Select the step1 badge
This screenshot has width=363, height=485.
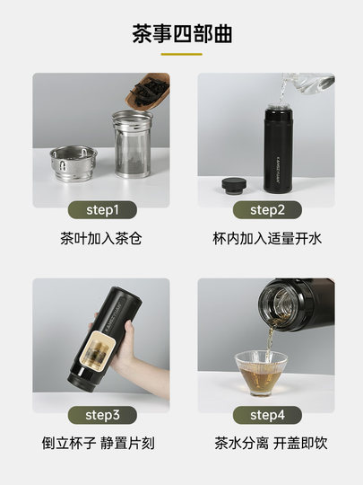pyautogui.click(x=101, y=210)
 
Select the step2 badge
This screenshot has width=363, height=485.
pyautogui.click(x=266, y=210)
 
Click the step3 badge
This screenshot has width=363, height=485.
pyautogui.click(x=101, y=415)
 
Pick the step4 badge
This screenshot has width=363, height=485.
pyautogui.click(x=266, y=415)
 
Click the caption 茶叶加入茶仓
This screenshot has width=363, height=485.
pyautogui.click(x=101, y=240)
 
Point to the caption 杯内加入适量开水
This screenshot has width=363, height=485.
pyautogui.click(x=266, y=240)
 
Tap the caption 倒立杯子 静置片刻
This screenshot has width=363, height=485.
pyautogui.click(x=101, y=444)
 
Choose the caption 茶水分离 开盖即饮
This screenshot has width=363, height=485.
pyautogui.click(x=266, y=444)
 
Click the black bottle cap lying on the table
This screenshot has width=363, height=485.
pyautogui.click(x=235, y=185)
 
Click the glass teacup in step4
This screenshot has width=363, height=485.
pyautogui.click(x=261, y=370)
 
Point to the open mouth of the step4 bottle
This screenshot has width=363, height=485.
pyautogui.click(x=274, y=305)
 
